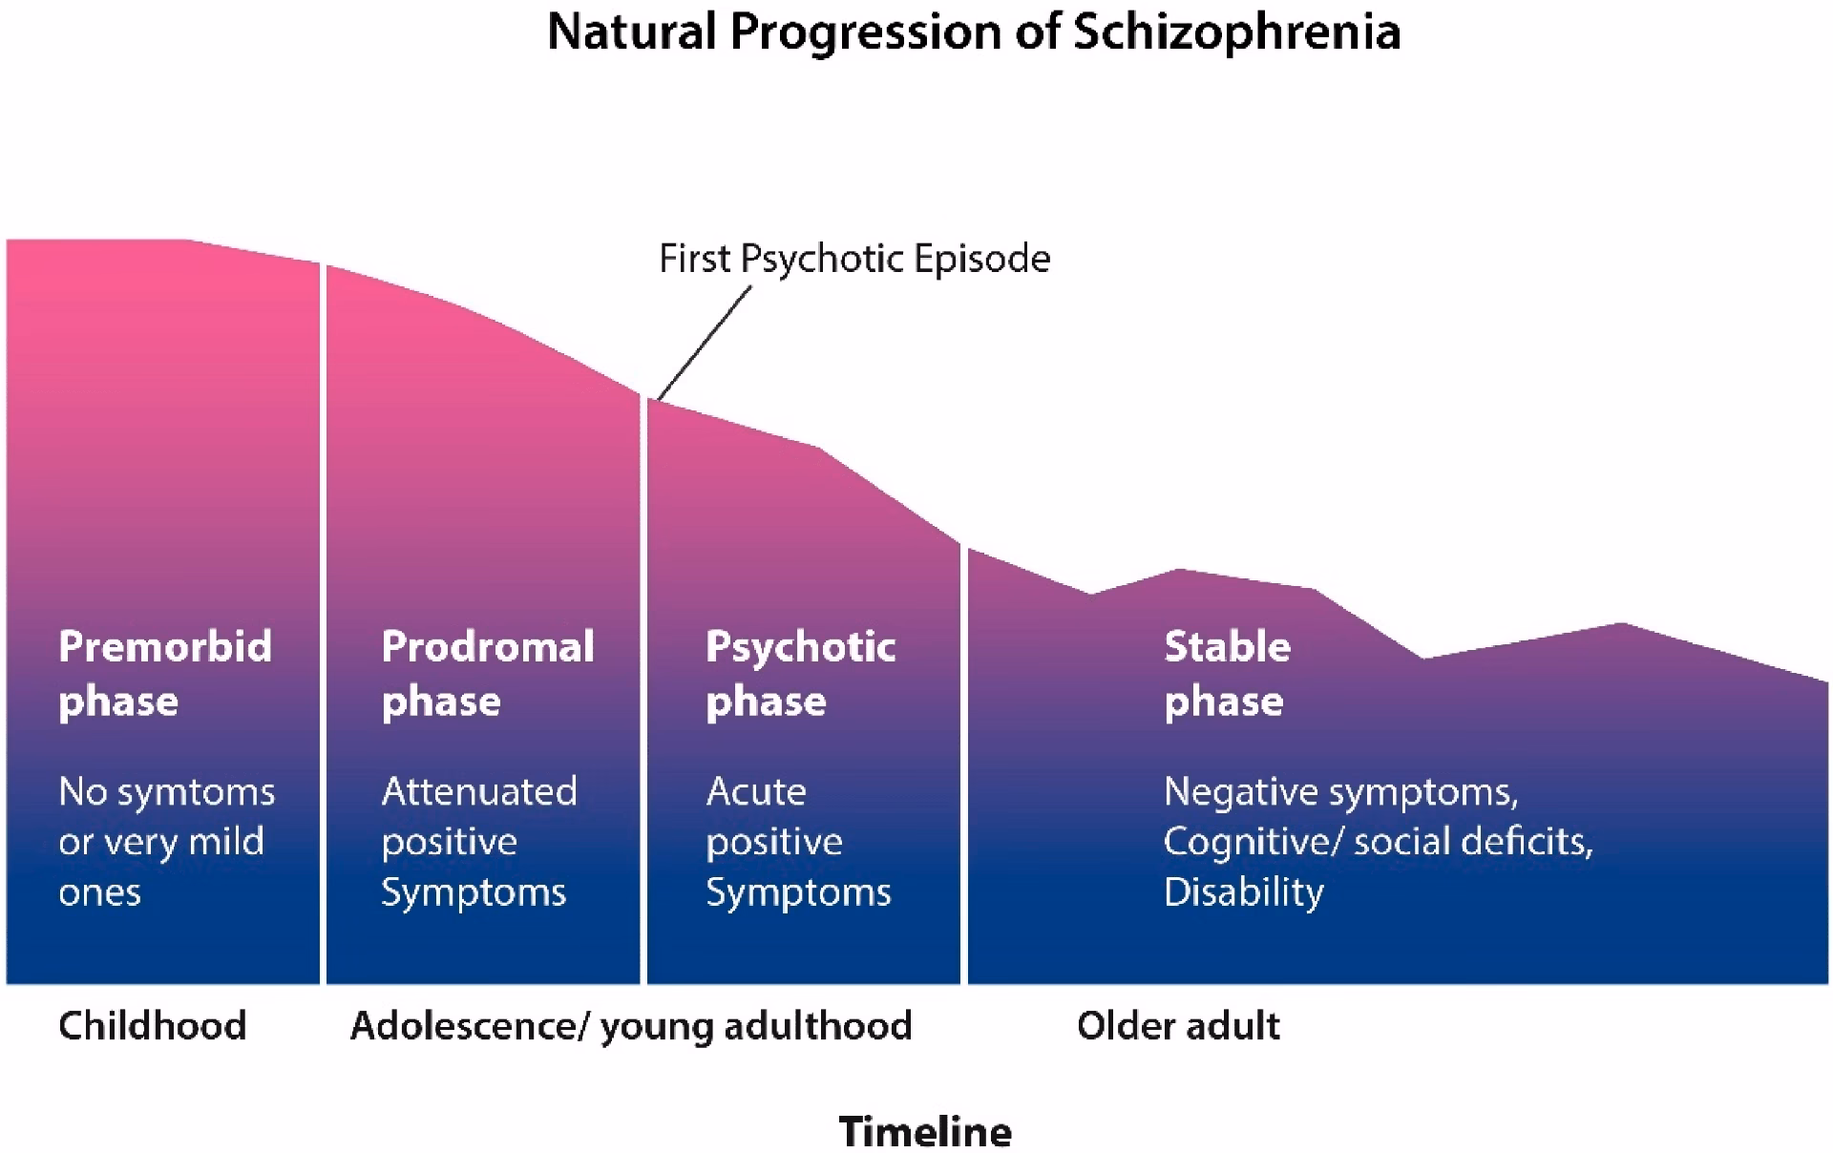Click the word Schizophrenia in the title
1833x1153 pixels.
click(1236, 32)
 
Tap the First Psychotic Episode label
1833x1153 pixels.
click(854, 259)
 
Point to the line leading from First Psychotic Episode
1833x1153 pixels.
click(705, 344)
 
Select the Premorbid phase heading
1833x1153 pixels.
click(164, 673)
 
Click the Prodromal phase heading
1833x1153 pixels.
click(487, 673)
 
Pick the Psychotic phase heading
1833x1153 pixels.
click(800, 673)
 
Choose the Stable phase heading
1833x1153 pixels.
click(1227, 673)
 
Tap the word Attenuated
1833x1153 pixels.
click(479, 791)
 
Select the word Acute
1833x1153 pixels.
click(756, 791)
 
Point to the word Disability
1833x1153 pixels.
click(1243, 892)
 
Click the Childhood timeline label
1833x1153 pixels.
click(152, 1026)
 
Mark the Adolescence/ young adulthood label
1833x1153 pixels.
click(631, 1026)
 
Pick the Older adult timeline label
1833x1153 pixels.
click(1178, 1026)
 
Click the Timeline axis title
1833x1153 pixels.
click(925, 1131)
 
